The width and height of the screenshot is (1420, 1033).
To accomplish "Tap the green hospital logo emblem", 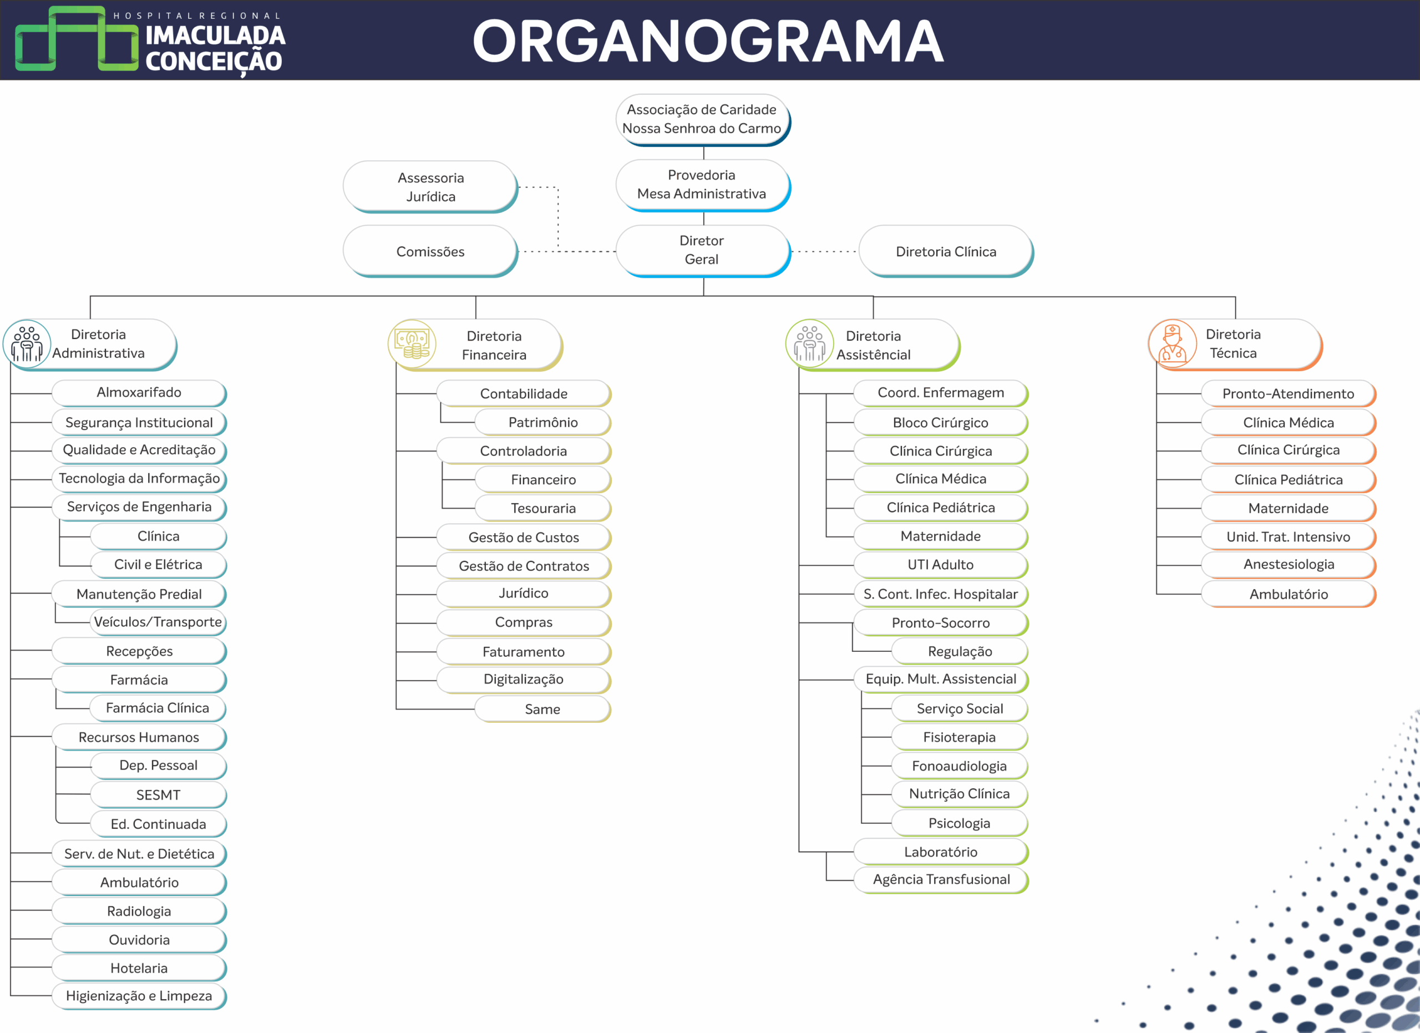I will (x=77, y=39).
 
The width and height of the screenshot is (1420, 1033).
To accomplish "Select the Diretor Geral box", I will (x=702, y=250).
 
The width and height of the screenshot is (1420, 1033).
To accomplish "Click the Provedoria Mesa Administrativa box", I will (x=702, y=184).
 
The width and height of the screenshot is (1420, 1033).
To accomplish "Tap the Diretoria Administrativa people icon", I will (x=27, y=344).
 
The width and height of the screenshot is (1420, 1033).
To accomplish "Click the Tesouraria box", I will (x=543, y=508).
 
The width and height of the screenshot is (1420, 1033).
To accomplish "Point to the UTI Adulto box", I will (x=940, y=564).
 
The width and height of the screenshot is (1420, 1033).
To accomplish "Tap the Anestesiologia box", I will (x=1289, y=564).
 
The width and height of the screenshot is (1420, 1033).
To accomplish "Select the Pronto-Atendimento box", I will (x=1288, y=393).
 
